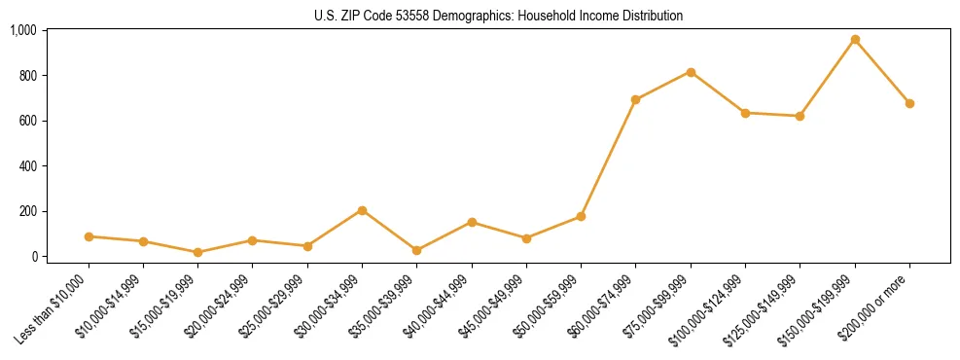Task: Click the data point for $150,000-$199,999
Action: coord(855,40)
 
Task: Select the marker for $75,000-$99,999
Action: coord(691,72)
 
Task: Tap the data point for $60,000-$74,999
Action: coord(636,99)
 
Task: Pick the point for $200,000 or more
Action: coord(909,103)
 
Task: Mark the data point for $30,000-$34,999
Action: coord(362,210)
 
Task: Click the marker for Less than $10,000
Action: coord(89,236)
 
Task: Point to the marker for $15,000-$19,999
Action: coord(197,252)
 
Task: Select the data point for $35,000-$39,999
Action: coord(417,250)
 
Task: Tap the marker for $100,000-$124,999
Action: coord(745,113)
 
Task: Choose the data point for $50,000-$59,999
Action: coord(581,216)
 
